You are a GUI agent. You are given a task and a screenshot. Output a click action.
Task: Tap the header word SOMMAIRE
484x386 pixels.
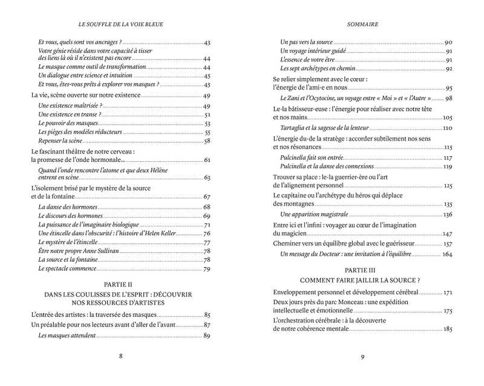coord(362,25)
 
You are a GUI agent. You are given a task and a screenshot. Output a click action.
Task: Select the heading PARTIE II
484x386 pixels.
coord(120,284)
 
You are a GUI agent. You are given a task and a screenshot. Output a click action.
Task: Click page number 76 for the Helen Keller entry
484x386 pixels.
coord(206,234)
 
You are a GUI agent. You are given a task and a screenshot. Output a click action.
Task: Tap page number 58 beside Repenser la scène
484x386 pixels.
coord(206,141)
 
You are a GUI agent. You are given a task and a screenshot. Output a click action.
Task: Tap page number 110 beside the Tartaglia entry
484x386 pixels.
coord(447,128)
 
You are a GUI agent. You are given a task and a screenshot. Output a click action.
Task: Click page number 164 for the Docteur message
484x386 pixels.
coord(447,254)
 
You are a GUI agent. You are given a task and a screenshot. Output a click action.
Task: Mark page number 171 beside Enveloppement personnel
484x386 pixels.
coord(447,292)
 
